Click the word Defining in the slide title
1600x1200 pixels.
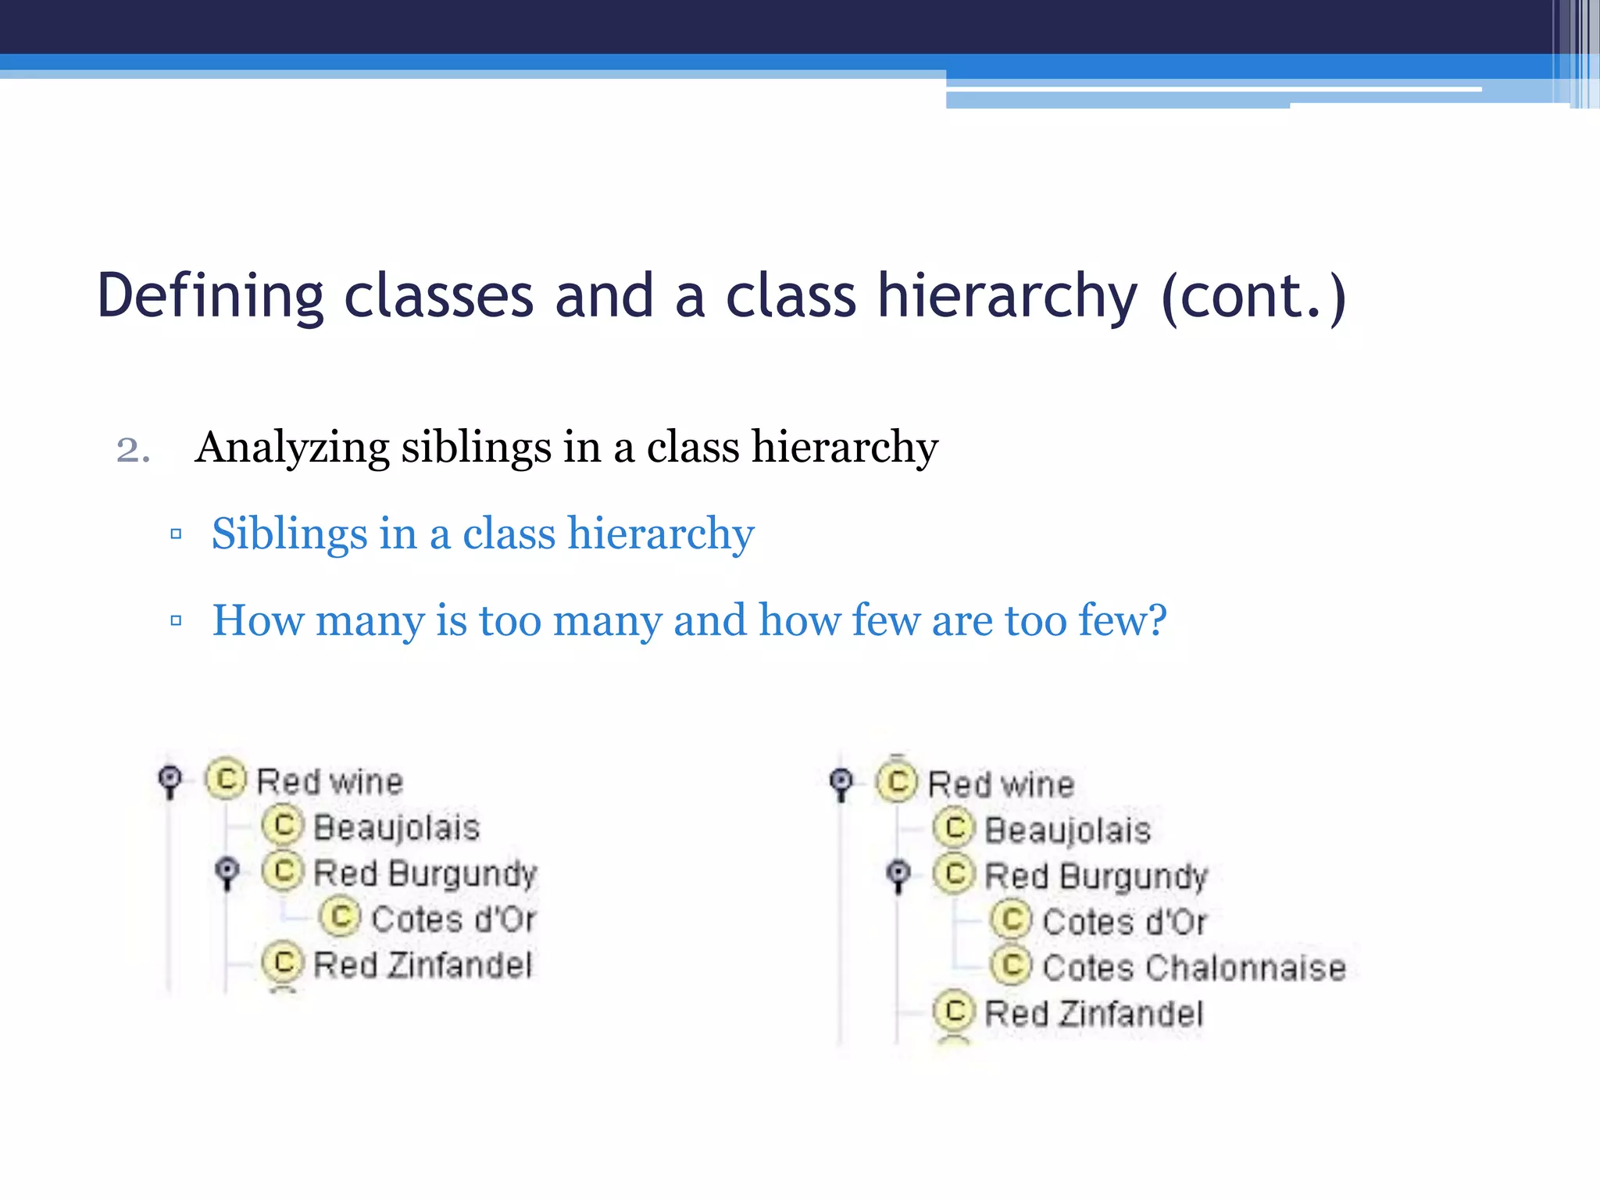(x=209, y=297)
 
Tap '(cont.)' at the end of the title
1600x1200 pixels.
(x=1253, y=297)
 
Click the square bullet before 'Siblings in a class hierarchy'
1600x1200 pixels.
(x=176, y=534)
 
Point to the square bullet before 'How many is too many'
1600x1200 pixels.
(x=176, y=621)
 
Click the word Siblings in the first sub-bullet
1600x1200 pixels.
(x=289, y=534)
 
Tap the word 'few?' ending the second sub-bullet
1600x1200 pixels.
(x=1122, y=620)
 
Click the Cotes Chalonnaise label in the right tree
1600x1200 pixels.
(x=1194, y=968)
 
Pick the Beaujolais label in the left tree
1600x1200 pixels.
(x=396, y=827)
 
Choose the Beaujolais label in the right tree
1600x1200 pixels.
(x=1067, y=830)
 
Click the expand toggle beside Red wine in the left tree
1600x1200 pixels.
(x=170, y=779)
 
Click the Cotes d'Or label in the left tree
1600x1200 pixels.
(x=453, y=920)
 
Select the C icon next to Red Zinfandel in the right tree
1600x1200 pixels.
(x=954, y=1011)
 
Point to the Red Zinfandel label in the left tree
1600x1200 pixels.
(x=423, y=965)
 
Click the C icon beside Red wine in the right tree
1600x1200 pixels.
(x=897, y=781)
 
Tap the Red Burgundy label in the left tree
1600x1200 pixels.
(x=425, y=873)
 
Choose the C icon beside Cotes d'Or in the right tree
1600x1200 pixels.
(x=1012, y=920)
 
